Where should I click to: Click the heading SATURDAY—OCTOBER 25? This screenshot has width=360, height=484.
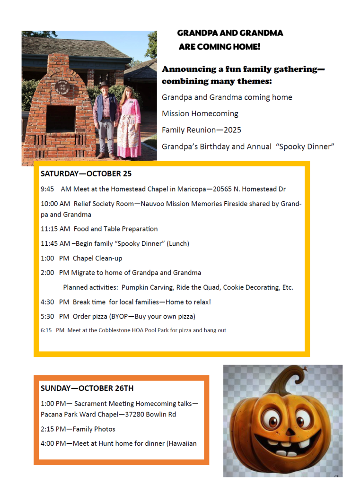click(86, 173)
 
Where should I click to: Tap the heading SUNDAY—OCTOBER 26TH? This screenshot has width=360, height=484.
click(87, 388)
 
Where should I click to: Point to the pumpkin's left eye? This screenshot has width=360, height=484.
click(269, 419)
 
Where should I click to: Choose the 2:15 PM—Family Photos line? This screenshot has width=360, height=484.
click(78, 429)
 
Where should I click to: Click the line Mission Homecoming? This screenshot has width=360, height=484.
click(200, 113)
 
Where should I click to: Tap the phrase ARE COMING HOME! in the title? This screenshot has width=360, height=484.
click(219, 46)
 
